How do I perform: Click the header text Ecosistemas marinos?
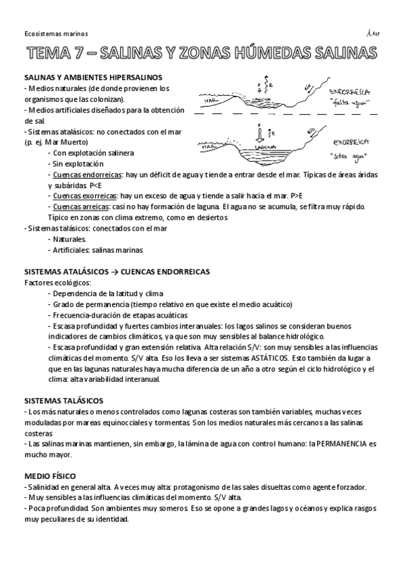click(49, 32)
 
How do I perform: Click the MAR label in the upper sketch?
click(210, 101)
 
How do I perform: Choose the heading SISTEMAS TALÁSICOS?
click(64, 401)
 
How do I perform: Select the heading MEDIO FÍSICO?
click(50, 476)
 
